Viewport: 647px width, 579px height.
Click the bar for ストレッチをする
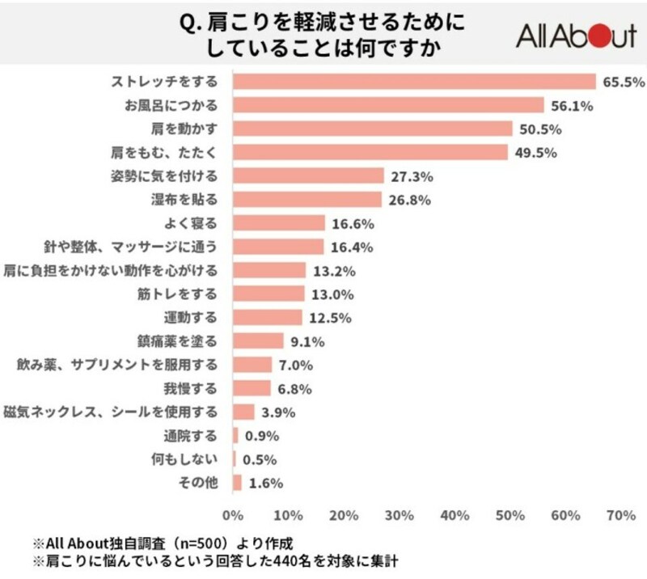point(414,82)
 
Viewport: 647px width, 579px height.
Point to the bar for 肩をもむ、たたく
point(370,152)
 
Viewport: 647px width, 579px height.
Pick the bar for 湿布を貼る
point(307,199)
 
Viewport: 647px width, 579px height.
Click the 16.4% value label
point(351,246)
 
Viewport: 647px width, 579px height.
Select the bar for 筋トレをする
point(269,294)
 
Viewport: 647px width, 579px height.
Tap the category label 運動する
point(196,317)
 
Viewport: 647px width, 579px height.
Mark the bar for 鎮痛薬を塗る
point(258,340)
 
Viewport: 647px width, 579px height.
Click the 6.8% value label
point(294,388)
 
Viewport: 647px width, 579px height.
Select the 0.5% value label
point(260,459)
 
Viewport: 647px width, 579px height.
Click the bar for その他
point(237,483)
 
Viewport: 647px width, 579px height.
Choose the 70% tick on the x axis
point(620,515)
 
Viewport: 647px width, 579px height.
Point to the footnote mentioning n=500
point(170,541)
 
